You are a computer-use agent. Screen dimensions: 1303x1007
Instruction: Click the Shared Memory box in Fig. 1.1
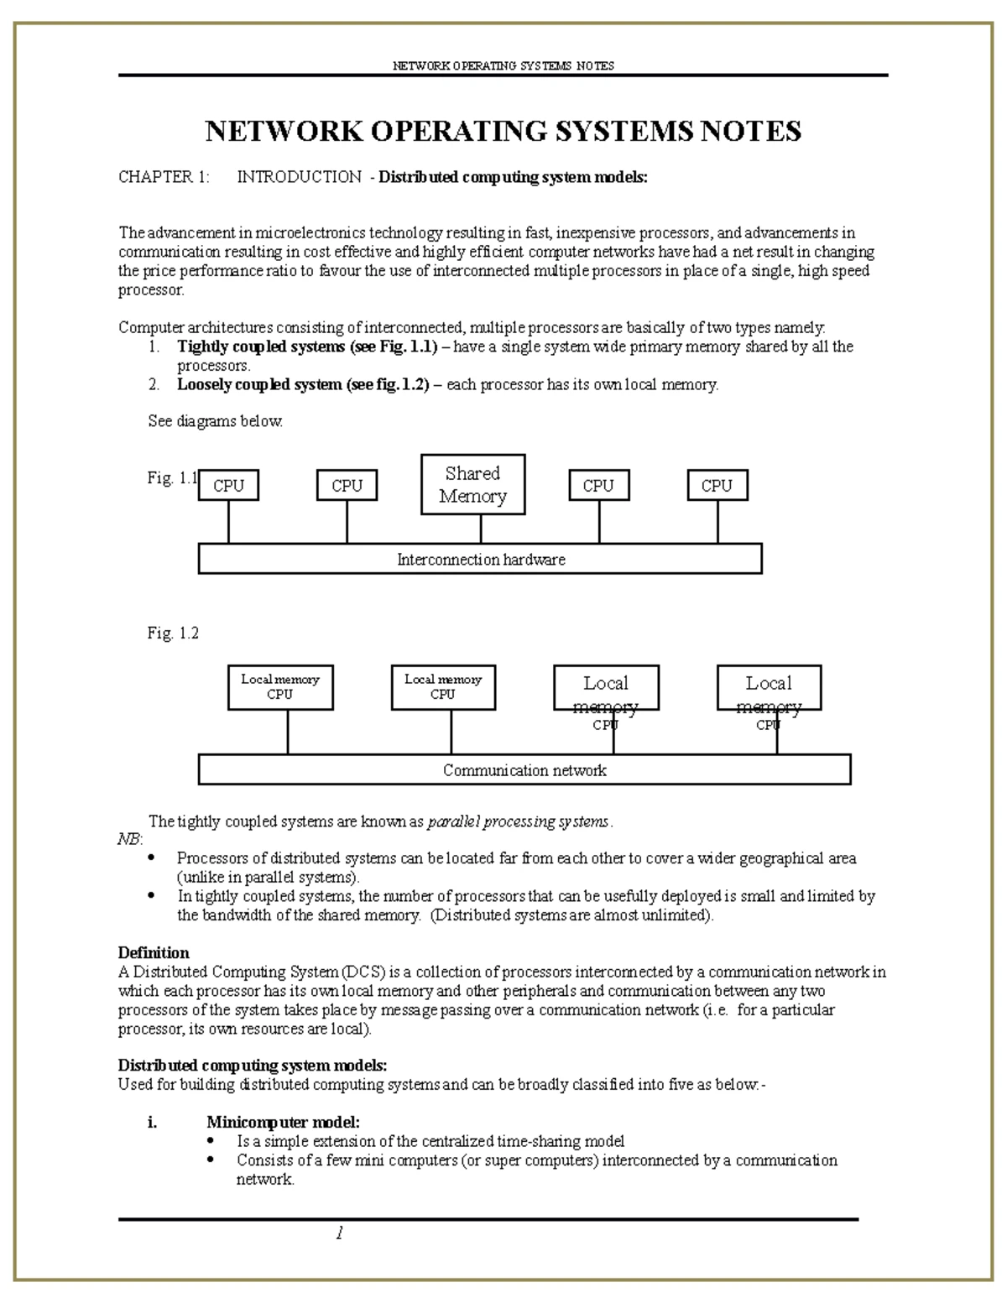pos(472,485)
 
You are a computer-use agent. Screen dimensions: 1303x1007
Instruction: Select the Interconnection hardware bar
pos(480,559)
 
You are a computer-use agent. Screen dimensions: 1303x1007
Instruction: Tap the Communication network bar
pos(524,769)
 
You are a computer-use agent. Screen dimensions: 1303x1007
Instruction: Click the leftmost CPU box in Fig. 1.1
pos(228,485)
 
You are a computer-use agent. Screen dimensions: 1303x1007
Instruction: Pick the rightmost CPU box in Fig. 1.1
pos(717,485)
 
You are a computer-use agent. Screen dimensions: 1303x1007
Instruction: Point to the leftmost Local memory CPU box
pos(280,687)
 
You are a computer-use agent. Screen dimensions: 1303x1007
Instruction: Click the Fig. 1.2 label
pos(173,633)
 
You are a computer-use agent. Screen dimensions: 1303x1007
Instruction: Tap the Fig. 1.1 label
pos(171,478)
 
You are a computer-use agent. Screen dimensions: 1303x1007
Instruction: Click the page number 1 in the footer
pos(339,1233)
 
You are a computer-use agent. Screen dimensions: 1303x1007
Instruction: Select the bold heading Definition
pos(154,953)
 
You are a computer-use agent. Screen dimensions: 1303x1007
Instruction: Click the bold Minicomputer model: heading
pos(284,1123)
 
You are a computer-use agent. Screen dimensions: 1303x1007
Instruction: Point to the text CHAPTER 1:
pos(164,177)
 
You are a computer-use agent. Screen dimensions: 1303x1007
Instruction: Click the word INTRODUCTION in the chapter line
pos(299,177)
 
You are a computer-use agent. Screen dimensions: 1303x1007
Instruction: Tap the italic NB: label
pos(130,840)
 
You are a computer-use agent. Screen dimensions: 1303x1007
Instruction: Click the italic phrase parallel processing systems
pos(519,822)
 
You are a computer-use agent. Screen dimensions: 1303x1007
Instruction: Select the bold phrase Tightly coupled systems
pos(261,347)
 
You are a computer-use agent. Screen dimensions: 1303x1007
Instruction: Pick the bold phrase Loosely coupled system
pos(259,385)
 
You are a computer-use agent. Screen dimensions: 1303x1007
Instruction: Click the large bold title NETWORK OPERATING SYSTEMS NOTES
pos(503,132)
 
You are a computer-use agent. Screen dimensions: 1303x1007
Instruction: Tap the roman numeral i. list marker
pos(152,1123)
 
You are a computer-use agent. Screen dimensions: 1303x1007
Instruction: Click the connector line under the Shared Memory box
pos(481,529)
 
